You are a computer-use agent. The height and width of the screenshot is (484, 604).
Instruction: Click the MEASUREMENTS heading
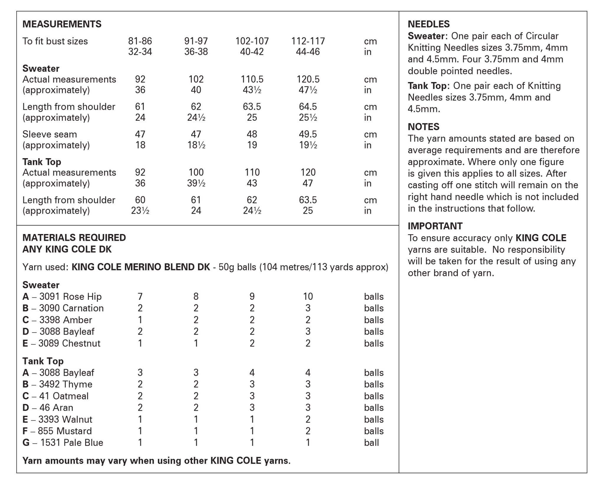click(62, 24)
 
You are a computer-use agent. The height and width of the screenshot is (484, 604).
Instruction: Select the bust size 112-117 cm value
click(308, 41)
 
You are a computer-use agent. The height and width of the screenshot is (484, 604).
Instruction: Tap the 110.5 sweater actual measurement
click(252, 79)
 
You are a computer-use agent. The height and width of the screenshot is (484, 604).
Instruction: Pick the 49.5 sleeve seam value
click(308, 134)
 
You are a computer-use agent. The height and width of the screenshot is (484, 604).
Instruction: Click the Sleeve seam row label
click(50, 134)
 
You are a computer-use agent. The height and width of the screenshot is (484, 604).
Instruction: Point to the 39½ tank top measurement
click(196, 183)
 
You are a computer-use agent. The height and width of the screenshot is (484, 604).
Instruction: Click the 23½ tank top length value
click(140, 211)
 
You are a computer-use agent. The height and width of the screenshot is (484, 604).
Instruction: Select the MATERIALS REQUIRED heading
click(74, 238)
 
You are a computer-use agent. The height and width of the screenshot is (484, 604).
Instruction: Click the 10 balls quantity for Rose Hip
click(308, 297)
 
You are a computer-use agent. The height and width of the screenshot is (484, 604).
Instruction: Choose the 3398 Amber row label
click(57, 320)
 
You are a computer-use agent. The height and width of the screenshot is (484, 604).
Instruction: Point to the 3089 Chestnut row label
click(61, 343)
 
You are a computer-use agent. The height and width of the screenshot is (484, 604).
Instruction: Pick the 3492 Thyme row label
click(58, 384)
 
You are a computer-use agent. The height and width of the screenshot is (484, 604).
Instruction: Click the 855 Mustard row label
click(57, 431)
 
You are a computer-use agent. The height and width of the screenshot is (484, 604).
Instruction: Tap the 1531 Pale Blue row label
click(63, 443)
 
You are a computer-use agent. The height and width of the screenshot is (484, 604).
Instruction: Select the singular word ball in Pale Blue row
click(371, 443)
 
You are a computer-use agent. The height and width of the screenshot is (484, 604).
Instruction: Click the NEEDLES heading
click(429, 24)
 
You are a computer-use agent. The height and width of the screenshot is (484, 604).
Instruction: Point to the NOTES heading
click(424, 127)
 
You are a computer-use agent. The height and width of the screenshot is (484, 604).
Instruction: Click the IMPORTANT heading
click(435, 226)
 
